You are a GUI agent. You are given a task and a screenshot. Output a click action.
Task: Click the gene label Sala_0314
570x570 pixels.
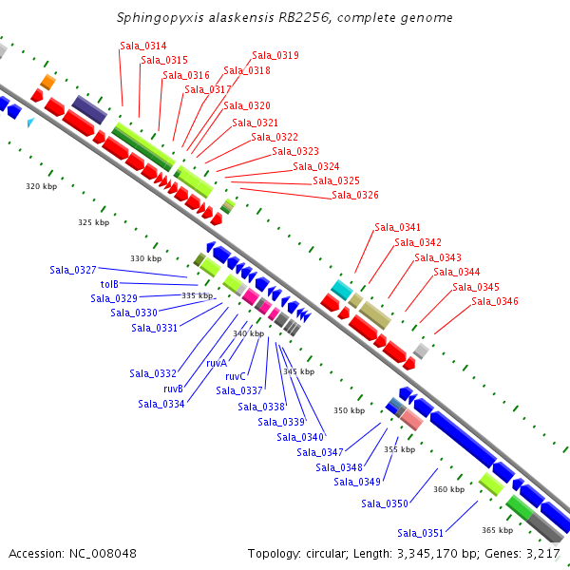pos(143,46)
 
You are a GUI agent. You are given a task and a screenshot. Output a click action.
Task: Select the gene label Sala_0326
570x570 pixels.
pos(355,196)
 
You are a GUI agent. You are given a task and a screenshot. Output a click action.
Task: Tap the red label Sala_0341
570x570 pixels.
pos(397,227)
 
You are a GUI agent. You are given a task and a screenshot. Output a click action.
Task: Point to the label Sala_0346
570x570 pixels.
pos(495,302)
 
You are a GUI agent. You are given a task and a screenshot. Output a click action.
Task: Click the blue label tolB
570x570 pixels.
pos(109,284)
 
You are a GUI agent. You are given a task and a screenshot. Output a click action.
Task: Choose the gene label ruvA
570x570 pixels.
pos(217,363)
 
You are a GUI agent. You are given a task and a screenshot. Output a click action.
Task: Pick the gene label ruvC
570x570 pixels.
pos(236,376)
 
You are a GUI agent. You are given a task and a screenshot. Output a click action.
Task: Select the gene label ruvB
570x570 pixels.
pos(173,389)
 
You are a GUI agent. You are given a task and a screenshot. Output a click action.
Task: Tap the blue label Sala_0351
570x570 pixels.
pos(421,533)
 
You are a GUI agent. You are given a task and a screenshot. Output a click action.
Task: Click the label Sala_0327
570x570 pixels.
pos(73,271)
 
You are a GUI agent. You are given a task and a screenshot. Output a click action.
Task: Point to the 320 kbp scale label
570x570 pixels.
pos(42,186)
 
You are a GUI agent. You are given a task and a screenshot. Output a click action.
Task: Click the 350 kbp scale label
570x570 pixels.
pos(349,411)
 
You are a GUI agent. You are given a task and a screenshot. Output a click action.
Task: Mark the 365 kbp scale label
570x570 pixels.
pos(497,530)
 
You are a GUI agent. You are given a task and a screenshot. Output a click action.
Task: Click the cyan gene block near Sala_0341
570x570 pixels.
pos(341,288)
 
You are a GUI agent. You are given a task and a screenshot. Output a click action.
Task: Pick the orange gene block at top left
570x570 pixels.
pos(47,82)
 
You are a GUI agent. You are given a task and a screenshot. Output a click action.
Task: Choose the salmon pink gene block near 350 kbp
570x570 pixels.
pos(411,418)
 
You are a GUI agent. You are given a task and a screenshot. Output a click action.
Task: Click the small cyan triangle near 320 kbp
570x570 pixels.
pos(30,123)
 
